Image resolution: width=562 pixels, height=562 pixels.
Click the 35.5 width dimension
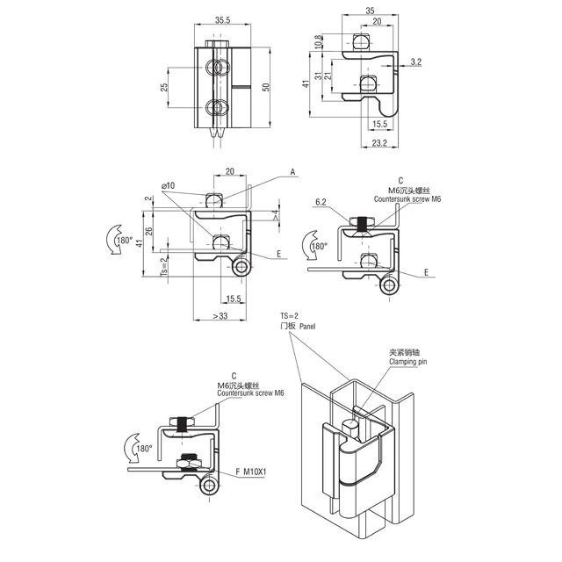point(222,20)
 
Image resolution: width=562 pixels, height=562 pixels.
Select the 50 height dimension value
point(265,87)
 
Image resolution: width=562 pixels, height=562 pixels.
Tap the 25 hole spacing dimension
point(164,87)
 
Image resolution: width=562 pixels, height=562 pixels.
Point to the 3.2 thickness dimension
point(415,61)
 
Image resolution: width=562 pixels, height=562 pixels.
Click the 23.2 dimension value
point(379,142)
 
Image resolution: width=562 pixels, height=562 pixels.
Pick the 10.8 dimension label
point(318,42)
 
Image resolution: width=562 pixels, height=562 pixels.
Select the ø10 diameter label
point(168,185)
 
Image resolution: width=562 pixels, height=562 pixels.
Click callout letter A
point(292,172)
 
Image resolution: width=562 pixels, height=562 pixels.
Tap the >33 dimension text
point(220,316)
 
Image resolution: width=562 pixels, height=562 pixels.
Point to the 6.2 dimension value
point(321,202)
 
